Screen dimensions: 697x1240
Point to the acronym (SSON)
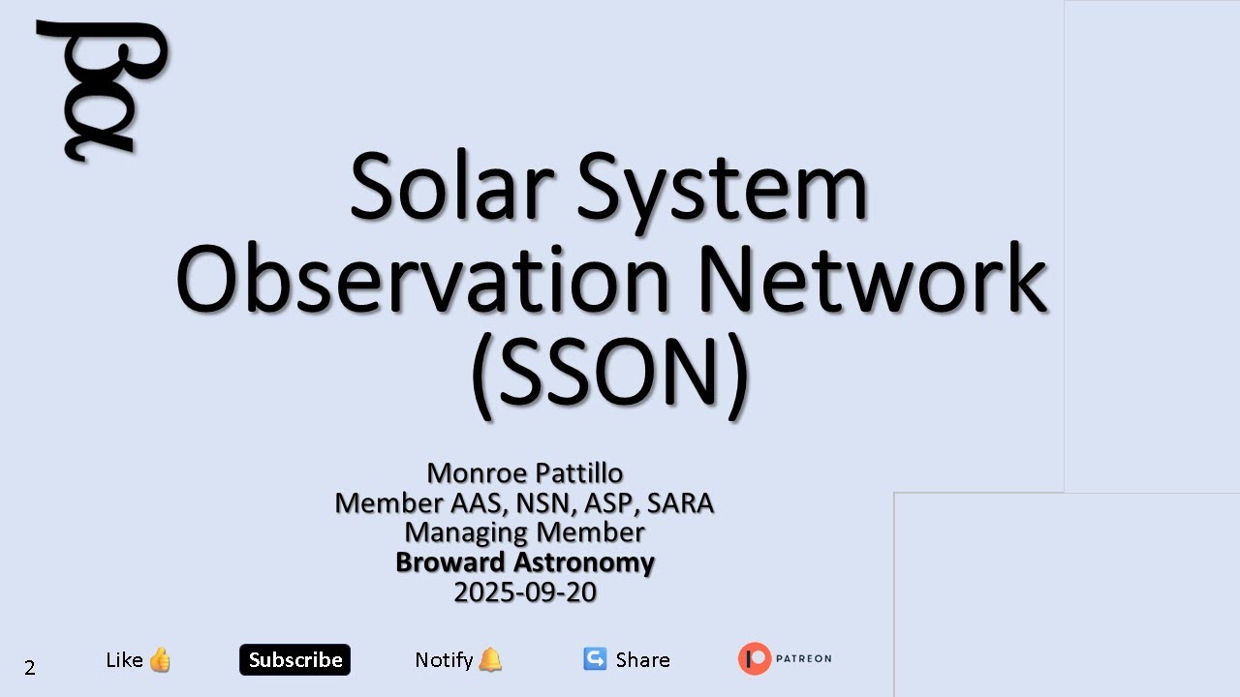pyautogui.click(x=610, y=373)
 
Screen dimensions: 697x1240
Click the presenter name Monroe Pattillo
pyautogui.click(x=524, y=473)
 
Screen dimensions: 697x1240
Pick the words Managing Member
pyautogui.click(x=524, y=532)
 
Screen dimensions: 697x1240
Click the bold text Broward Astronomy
pyautogui.click(x=524, y=562)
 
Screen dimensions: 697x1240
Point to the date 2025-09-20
pyautogui.click(x=524, y=592)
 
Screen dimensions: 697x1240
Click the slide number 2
pyautogui.click(x=30, y=667)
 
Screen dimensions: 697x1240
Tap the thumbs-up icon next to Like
pyautogui.click(x=160, y=660)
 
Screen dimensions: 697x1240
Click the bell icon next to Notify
pyautogui.click(x=491, y=660)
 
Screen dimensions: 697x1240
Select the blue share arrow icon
pyautogui.click(x=595, y=659)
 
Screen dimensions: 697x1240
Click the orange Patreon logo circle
pyautogui.click(x=755, y=659)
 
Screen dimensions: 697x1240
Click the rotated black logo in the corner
pyautogui.click(x=102, y=89)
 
